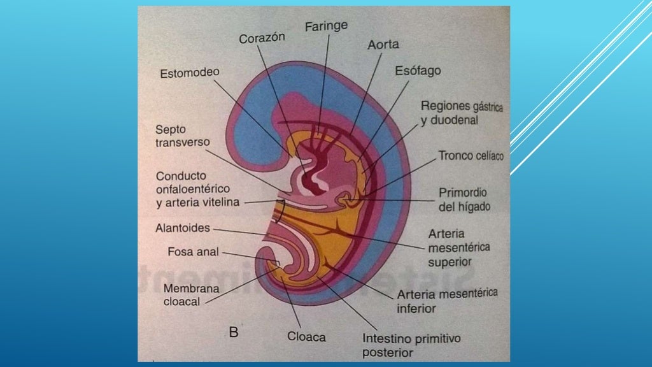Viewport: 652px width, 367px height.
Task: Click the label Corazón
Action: coord(262,39)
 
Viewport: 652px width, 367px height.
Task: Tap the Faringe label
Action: coord(326,27)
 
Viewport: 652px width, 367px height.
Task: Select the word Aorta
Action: coord(383,46)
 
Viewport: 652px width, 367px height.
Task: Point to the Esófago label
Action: coord(418,71)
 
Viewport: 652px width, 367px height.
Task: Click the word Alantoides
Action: coord(183,227)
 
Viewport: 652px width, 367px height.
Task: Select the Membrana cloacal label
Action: coord(191,295)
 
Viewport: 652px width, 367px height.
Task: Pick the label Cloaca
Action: coord(306,336)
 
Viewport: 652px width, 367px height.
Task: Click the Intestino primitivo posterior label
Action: coord(411,344)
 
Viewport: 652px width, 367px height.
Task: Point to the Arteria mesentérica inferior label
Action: coord(446,300)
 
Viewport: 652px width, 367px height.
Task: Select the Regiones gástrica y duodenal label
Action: coord(462,113)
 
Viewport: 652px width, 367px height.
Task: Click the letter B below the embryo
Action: coord(234,331)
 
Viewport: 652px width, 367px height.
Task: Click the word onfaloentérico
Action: coord(193,189)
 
